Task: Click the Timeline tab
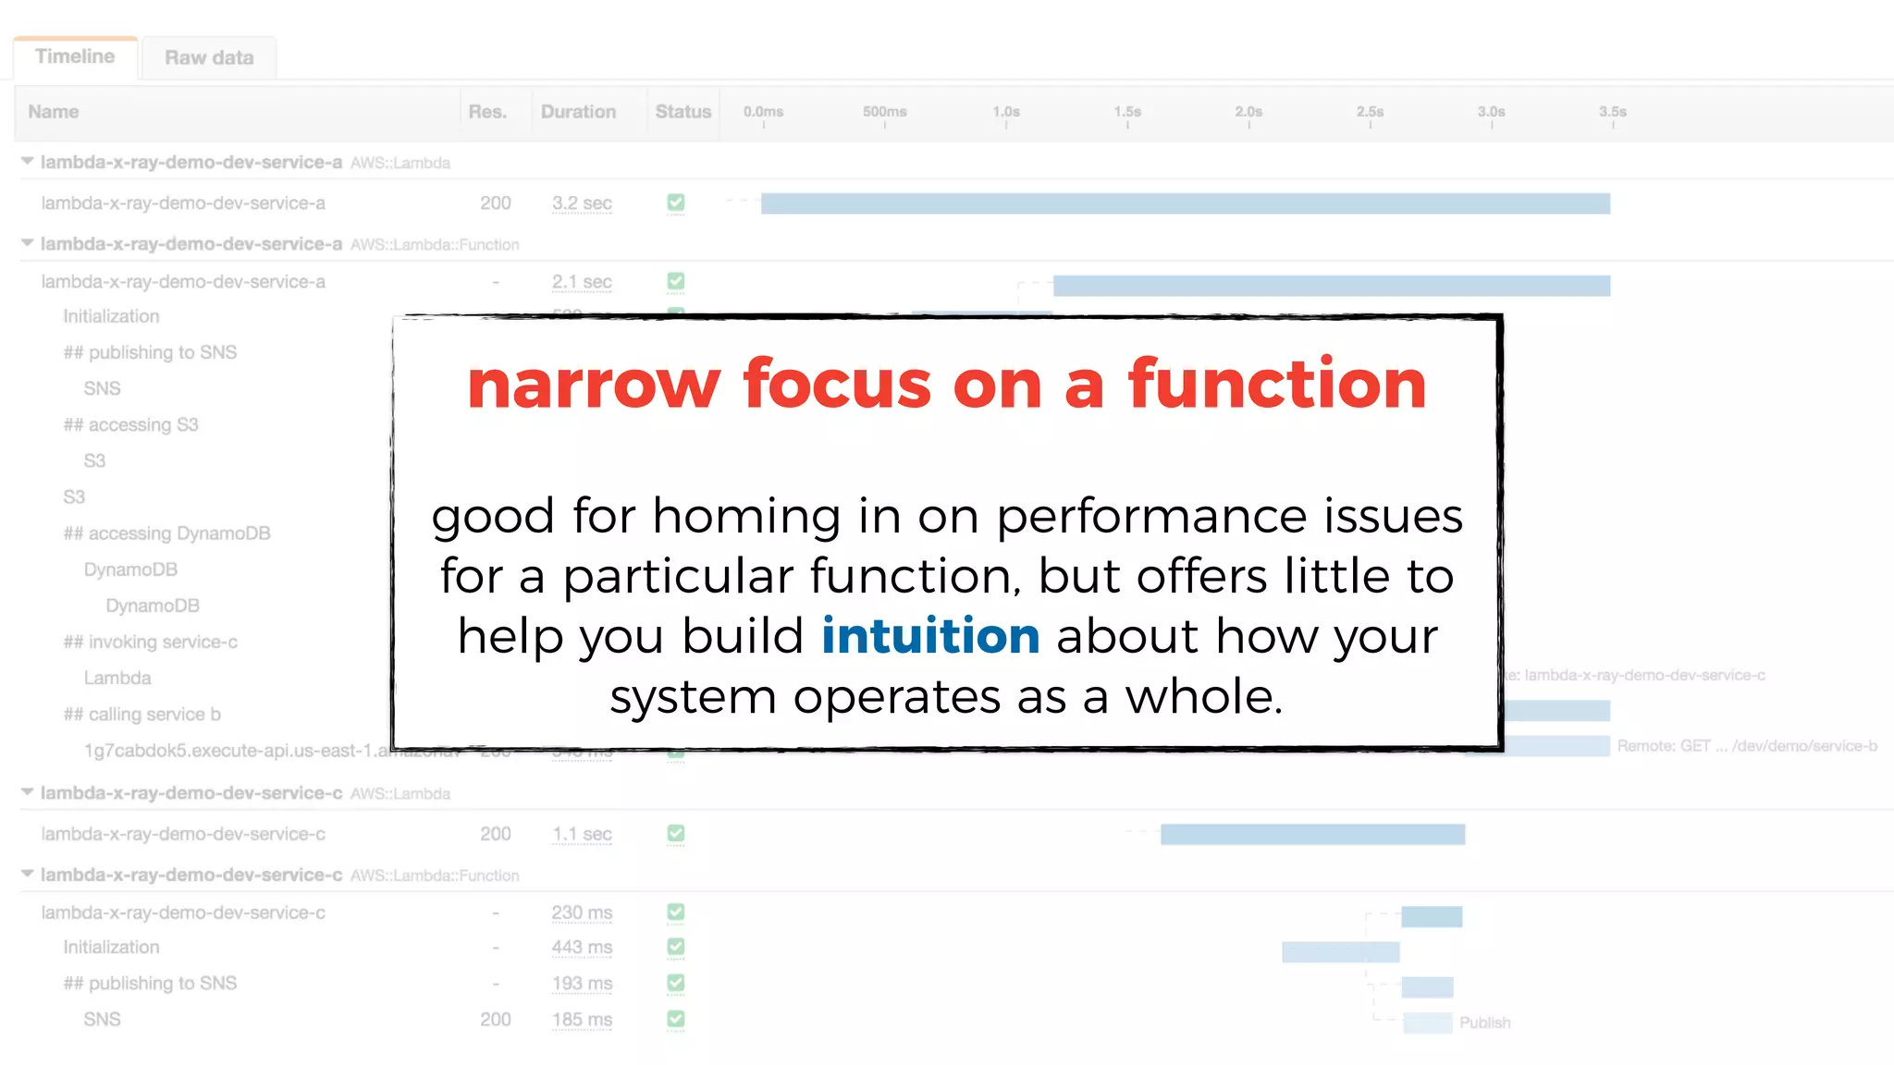coord(75,56)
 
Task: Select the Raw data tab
coord(209,57)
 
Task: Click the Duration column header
coord(578,112)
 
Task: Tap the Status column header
coord(683,112)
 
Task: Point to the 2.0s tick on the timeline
coord(1248,112)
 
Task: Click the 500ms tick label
coord(884,112)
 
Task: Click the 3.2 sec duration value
coord(582,203)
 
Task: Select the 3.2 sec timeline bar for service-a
coord(1185,203)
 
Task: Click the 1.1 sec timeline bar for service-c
coord(1312,835)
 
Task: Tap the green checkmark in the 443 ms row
coord(676,947)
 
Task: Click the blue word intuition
coord(930,636)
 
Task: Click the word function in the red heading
coord(1277,384)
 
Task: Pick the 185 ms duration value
coord(582,1020)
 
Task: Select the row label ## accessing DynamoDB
coord(166,533)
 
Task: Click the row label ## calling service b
coord(141,715)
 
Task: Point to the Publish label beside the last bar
coord(1484,1022)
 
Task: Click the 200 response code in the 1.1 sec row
coord(496,834)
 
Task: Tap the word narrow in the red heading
coord(593,384)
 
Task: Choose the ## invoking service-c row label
coord(150,642)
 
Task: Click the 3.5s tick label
coord(1612,112)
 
